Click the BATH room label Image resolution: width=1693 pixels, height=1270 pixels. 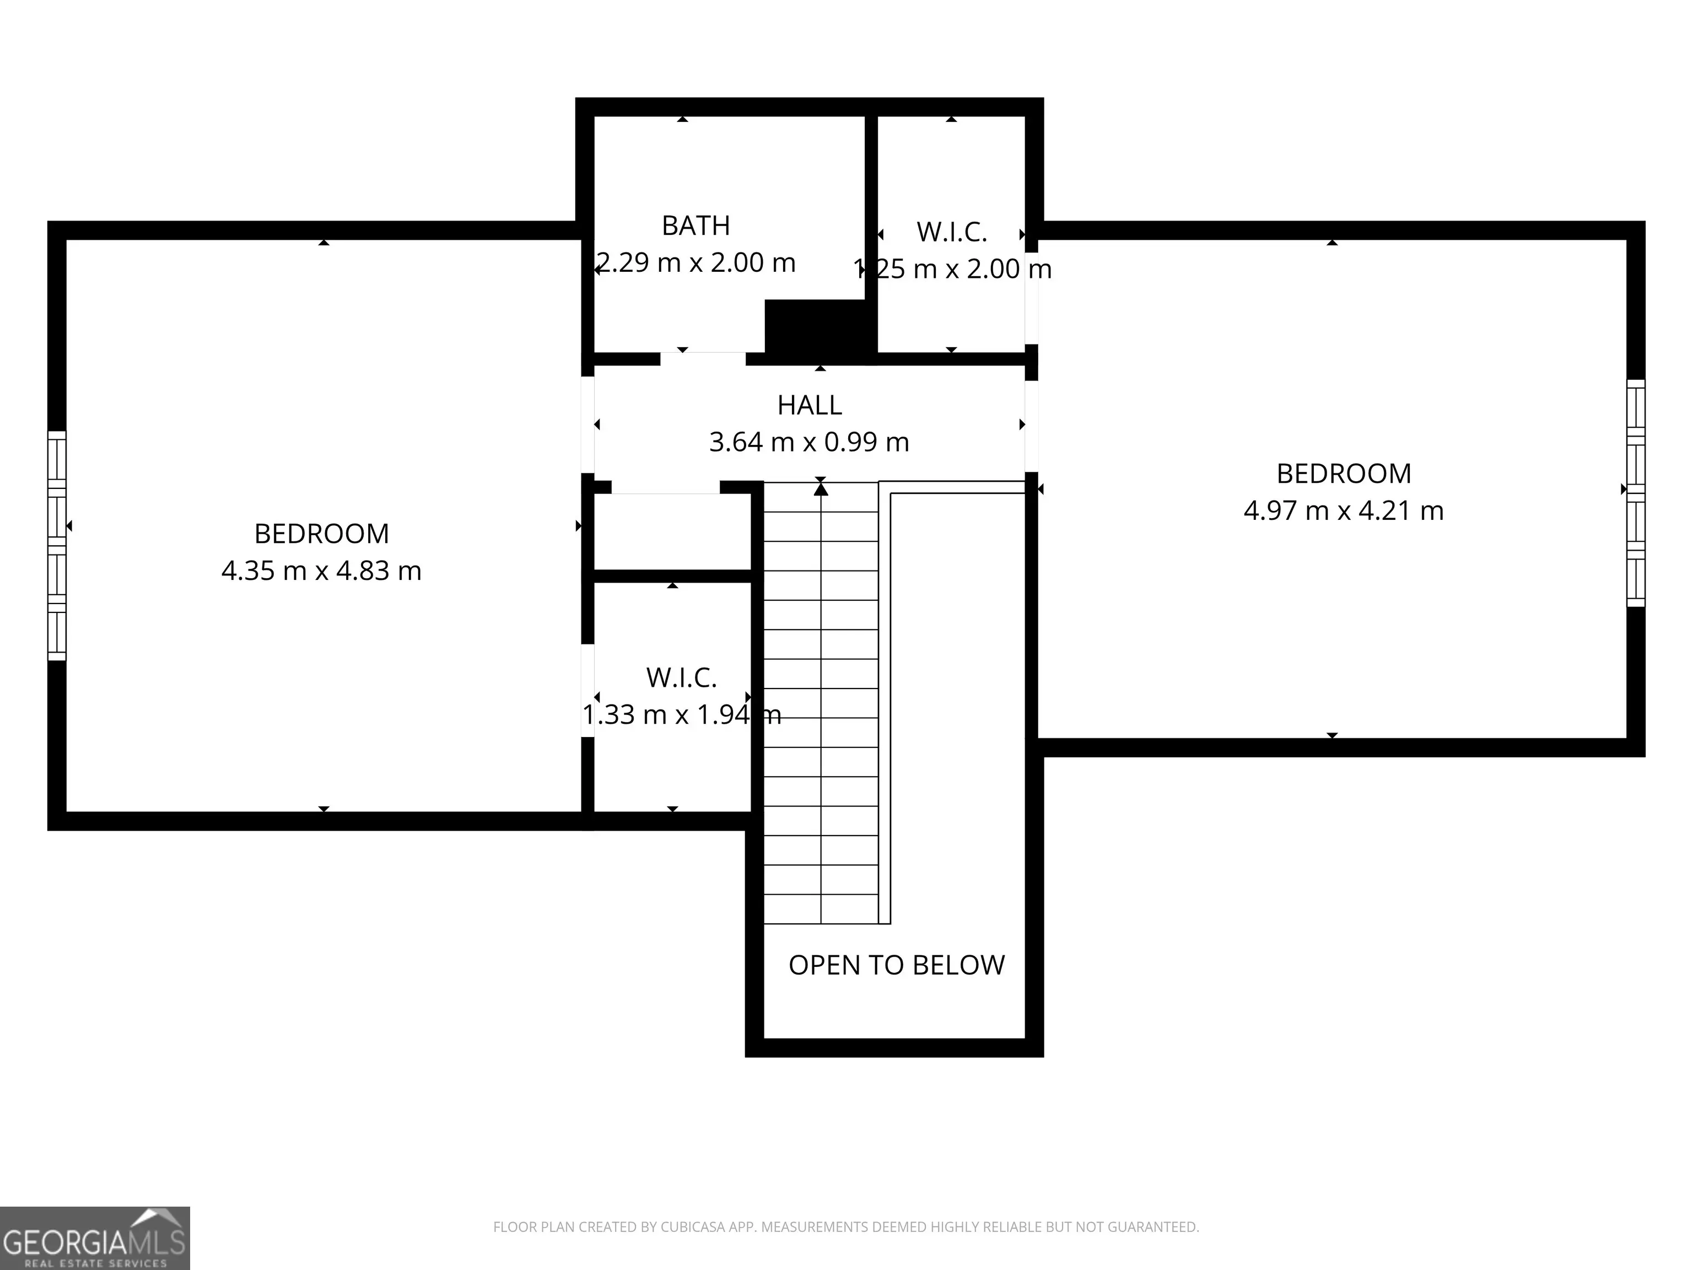[x=695, y=226]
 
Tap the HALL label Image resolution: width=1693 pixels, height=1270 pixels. [x=810, y=405]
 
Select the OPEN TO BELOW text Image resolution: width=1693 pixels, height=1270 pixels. [x=896, y=965]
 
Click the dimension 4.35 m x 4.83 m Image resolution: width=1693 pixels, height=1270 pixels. [x=321, y=571]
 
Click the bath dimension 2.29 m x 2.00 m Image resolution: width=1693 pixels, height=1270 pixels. [x=695, y=262]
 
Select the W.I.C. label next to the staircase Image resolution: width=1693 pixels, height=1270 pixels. [x=681, y=677]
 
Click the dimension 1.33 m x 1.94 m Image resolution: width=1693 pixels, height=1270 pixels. [x=681, y=715]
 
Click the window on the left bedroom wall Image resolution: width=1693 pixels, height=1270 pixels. [x=57, y=545]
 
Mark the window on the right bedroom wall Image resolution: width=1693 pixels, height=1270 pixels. [x=1636, y=493]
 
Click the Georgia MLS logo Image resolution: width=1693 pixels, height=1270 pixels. [x=95, y=1238]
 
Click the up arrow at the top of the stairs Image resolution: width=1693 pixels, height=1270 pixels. [x=821, y=487]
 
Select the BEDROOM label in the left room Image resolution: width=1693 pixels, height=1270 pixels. [x=321, y=534]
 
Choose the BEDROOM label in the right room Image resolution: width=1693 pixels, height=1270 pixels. [x=1344, y=474]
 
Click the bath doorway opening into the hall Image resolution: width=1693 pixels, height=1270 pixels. [x=703, y=358]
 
